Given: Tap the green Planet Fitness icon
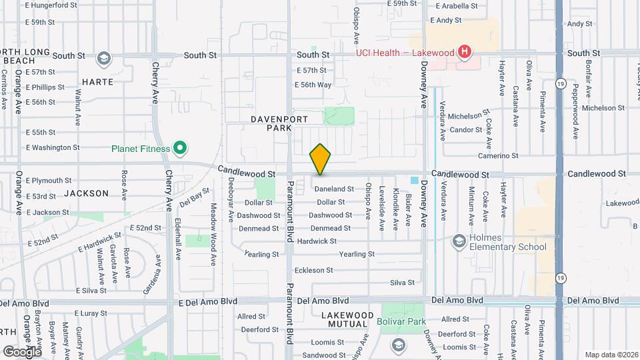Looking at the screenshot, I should point(179,148).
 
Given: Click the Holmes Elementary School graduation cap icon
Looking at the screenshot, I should point(459,241).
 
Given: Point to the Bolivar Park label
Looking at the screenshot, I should point(407,322).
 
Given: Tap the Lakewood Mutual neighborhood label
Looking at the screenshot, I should point(347,319).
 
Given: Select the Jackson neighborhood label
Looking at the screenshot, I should point(87,193).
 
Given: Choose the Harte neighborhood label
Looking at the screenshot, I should point(97,82).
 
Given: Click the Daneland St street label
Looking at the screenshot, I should point(334,189).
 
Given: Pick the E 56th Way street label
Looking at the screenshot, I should point(313,85).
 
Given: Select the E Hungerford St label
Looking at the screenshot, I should point(51,5).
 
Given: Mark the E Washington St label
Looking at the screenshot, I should point(52,147).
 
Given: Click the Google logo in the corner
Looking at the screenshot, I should point(22,351).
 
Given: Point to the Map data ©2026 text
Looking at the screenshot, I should point(611,355).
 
